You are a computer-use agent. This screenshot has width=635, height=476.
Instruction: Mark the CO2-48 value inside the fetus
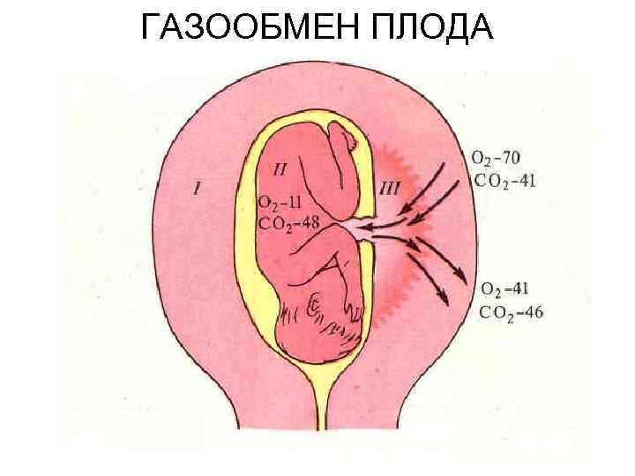tap(289, 222)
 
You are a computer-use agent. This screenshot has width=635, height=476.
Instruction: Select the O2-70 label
tap(496, 159)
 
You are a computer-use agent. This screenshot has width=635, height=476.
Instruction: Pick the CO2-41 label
tap(504, 181)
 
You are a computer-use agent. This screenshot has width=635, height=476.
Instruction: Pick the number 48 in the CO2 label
tap(310, 222)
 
